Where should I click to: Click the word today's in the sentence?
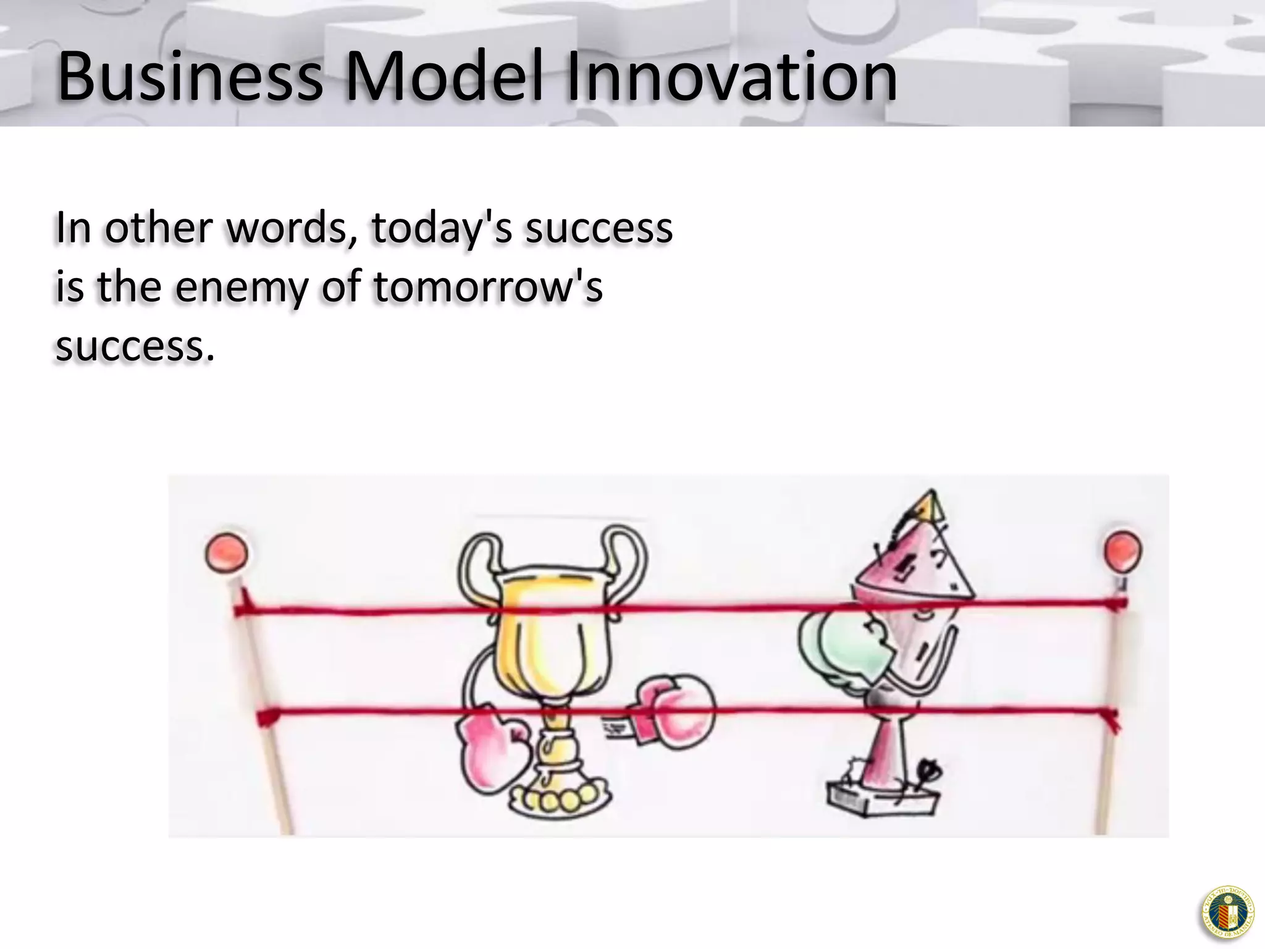click(x=442, y=229)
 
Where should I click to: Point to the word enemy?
click(x=241, y=288)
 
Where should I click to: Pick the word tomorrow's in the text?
click(x=488, y=288)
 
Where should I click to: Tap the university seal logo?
click(x=1227, y=913)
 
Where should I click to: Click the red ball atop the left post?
click(x=227, y=552)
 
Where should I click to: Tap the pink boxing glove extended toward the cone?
click(x=676, y=711)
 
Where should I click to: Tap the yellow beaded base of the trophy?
click(x=559, y=800)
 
